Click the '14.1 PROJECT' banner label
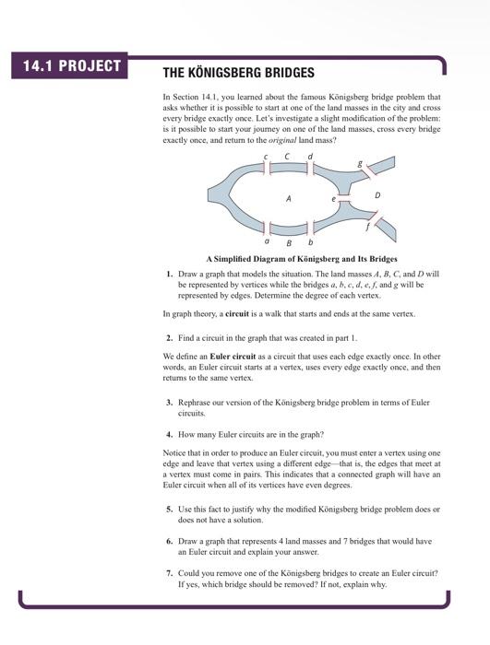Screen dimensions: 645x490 (66, 65)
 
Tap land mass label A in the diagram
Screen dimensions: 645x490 (289, 198)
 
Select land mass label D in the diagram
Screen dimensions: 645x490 (376, 195)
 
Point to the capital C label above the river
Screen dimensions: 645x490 (287, 157)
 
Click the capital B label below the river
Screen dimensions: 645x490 (289, 243)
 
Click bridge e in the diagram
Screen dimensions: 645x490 (343, 198)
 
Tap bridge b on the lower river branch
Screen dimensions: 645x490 (310, 228)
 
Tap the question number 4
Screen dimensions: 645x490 (169, 433)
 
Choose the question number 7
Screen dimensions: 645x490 (169, 573)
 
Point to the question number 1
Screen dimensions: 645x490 (169, 275)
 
